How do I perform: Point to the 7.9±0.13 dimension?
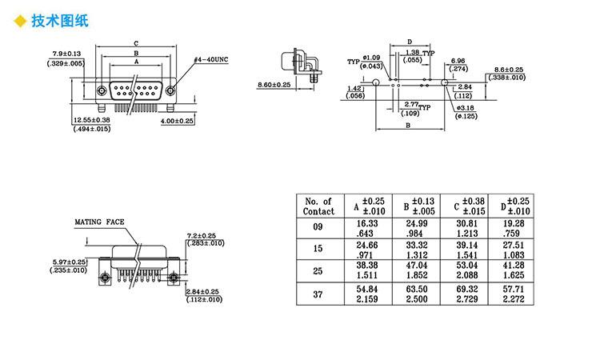tap(66, 54)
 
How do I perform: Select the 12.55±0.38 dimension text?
tap(88, 120)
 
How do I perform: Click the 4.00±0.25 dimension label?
tap(178, 120)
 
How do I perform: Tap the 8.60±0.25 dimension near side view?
tap(274, 85)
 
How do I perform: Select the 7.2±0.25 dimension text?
tap(204, 235)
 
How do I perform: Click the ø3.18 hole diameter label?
tap(467, 107)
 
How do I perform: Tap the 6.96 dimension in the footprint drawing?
tap(458, 61)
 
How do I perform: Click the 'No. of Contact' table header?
tap(318, 206)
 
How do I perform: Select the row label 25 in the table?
tap(318, 270)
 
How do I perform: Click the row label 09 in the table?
tap(318, 227)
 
